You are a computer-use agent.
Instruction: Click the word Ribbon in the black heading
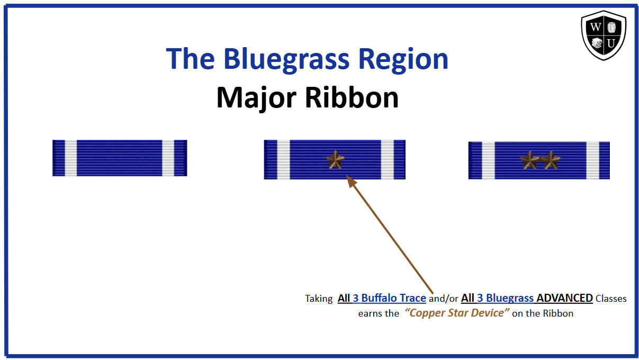point(354,97)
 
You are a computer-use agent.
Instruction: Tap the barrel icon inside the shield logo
point(611,27)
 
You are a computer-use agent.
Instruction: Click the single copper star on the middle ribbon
point(335,159)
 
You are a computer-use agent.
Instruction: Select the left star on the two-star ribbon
point(529,160)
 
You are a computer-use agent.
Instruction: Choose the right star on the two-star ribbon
point(550,160)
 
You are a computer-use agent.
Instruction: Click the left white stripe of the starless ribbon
point(70,158)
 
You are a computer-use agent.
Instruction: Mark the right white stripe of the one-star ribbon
point(388,159)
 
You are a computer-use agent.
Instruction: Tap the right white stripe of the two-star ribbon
point(592,160)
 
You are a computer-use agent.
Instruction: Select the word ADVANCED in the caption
point(564,298)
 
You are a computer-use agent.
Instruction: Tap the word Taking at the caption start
point(318,299)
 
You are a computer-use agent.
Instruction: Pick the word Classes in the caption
point(611,299)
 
